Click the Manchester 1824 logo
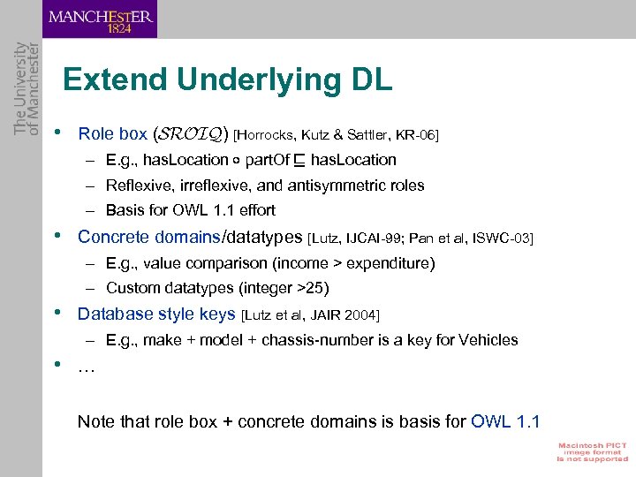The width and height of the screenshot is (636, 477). pyautogui.click(x=100, y=19)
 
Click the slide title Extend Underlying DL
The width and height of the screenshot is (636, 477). pyautogui.click(x=227, y=80)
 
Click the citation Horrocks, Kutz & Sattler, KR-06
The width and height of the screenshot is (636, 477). pyautogui.click(x=337, y=135)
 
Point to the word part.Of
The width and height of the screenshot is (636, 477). pyautogui.click(x=273, y=160)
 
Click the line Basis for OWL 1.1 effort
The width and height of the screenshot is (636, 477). pyautogui.click(x=190, y=210)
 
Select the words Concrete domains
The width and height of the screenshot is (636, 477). pyautogui.click(x=149, y=237)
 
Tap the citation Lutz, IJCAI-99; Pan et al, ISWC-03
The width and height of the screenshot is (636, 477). pyautogui.click(x=420, y=238)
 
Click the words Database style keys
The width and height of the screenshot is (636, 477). pyautogui.click(x=156, y=314)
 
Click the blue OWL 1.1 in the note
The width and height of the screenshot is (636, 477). pyautogui.click(x=506, y=421)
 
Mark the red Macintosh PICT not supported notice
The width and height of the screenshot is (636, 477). pyautogui.click(x=591, y=451)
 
